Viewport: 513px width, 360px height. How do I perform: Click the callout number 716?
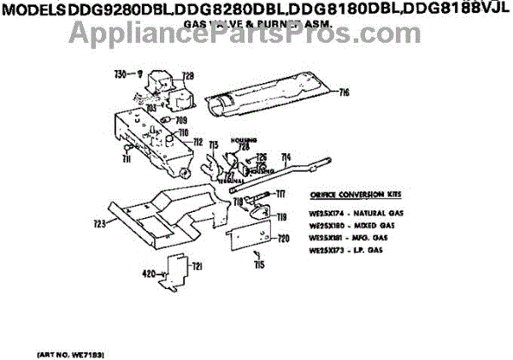[x=345, y=92]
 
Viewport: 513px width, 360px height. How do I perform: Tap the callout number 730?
[x=120, y=74]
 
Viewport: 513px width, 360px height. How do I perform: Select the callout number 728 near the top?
[x=187, y=75]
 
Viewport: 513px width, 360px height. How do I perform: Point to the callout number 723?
[x=99, y=223]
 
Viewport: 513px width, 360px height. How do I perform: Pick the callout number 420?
[x=149, y=274]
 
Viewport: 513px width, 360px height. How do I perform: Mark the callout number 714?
[x=286, y=156]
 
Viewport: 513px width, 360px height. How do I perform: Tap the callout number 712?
[x=197, y=142]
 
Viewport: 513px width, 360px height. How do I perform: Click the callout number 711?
[x=125, y=159]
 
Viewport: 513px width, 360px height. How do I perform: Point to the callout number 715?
[x=259, y=265]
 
